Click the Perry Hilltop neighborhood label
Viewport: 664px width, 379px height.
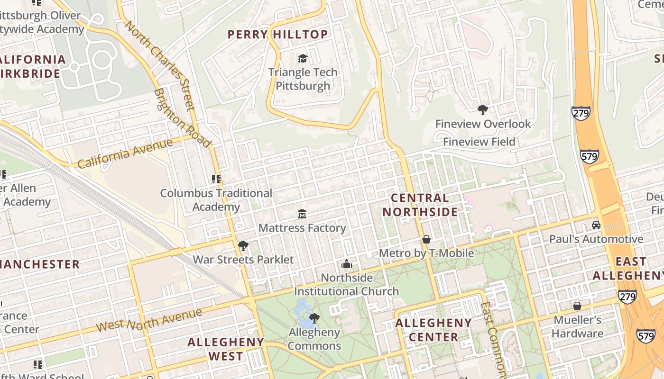[277, 35]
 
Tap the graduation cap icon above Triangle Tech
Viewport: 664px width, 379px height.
[303, 59]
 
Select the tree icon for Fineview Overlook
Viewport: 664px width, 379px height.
[483, 110]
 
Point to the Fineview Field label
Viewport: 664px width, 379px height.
[479, 142]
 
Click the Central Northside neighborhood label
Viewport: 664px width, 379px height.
[420, 205]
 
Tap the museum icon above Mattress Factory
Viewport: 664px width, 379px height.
[302, 214]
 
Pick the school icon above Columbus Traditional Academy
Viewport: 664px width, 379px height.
[216, 179]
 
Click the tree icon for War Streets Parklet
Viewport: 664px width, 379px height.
[243, 246]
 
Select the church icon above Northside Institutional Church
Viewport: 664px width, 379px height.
[347, 264]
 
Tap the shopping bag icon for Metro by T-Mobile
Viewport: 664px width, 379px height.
[426, 239]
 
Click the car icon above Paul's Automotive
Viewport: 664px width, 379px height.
[596, 225]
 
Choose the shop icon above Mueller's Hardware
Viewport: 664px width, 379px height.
[577, 306]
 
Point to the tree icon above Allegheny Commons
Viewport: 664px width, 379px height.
[314, 318]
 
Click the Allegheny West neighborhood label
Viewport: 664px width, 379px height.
[226, 349]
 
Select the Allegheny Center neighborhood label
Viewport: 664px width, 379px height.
[433, 330]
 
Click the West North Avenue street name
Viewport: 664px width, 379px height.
[149, 320]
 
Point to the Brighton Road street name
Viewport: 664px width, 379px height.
[183, 118]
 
